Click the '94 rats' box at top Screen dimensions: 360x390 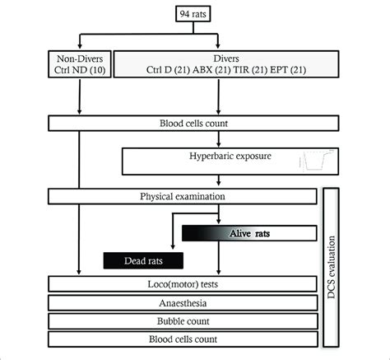pos(195,13)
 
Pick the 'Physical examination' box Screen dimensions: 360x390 pos(183,197)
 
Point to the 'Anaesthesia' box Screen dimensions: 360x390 pos(183,303)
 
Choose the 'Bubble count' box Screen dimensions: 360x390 pos(183,320)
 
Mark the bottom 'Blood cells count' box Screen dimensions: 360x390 pos(183,339)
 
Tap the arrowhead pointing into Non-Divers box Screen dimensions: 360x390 pos(78,49)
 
